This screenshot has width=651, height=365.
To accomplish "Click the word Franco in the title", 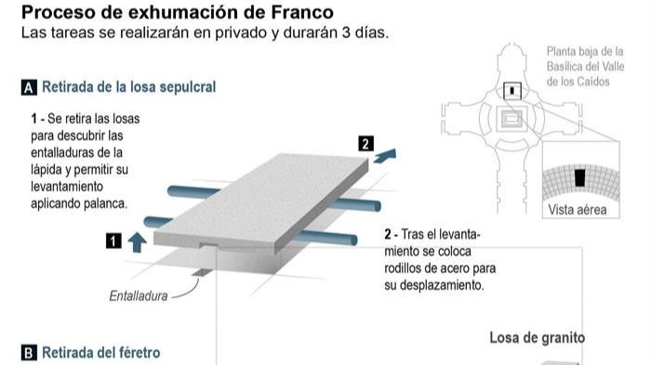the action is click(x=301, y=12).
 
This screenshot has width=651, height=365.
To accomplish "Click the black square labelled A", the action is click(x=29, y=88).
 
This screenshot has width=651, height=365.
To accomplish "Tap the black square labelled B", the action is click(x=29, y=354).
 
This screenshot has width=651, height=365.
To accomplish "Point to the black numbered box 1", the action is click(x=113, y=241).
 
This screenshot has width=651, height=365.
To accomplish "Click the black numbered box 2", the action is click(x=365, y=143).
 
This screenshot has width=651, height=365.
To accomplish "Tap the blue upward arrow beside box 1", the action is click(x=137, y=241).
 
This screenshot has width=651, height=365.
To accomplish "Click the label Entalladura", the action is click(x=139, y=297).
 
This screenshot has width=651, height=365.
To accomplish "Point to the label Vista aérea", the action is click(x=578, y=210).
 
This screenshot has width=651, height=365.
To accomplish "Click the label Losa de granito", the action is click(x=538, y=338).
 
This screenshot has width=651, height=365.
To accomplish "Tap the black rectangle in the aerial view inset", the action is click(x=579, y=177).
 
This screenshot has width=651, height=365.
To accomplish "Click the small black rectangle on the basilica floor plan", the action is click(x=511, y=90).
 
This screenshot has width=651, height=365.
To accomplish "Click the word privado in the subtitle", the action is click(x=220, y=33).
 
